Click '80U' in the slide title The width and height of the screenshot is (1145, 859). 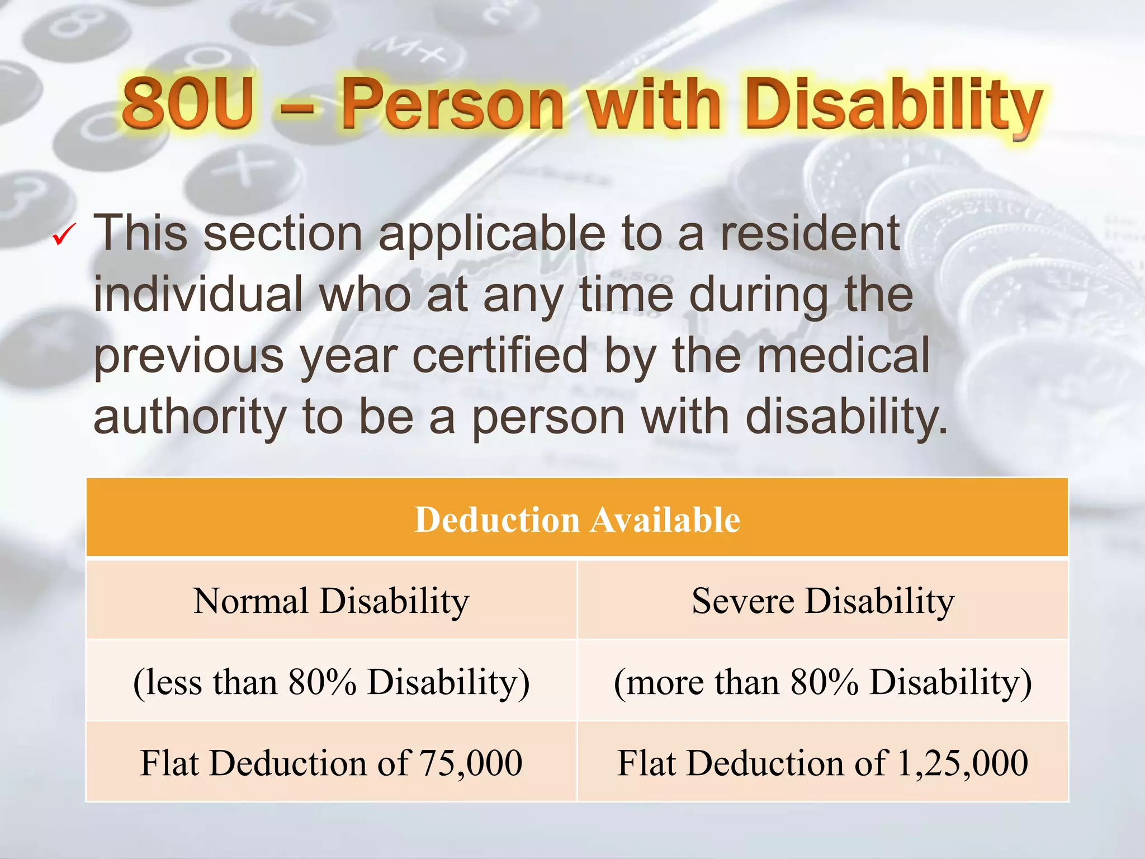188,103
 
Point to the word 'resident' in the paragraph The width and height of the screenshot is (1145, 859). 810,233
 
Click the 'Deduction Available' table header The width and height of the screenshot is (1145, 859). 577,520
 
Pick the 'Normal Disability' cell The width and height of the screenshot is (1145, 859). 332,601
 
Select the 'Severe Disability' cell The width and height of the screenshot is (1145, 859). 823,601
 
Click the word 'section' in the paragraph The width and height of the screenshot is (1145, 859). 283,233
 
